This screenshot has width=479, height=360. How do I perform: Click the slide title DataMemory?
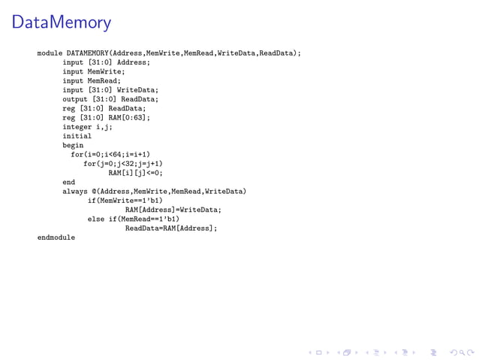click(62, 23)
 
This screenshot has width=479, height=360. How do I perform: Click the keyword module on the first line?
click(50, 53)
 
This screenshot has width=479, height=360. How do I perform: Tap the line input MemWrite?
click(94, 71)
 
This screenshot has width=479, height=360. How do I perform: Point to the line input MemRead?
click(92, 80)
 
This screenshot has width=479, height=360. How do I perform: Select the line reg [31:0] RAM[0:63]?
click(106, 117)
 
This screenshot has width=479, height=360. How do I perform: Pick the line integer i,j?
click(87, 127)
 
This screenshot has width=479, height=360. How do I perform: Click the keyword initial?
click(77, 136)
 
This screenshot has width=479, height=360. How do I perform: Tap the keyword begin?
click(73, 145)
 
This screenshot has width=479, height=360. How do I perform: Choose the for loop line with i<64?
click(110, 154)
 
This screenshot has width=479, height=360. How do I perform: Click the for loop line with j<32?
click(123, 163)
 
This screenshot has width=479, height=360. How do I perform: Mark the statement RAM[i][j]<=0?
click(135, 173)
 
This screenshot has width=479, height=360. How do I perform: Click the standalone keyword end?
click(68, 182)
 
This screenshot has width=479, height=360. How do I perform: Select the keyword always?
click(75, 191)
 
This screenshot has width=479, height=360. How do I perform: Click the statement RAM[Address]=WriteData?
click(173, 210)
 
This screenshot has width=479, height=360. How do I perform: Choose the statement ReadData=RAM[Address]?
click(170, 228)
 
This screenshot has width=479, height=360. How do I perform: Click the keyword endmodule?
click(56, 237)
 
